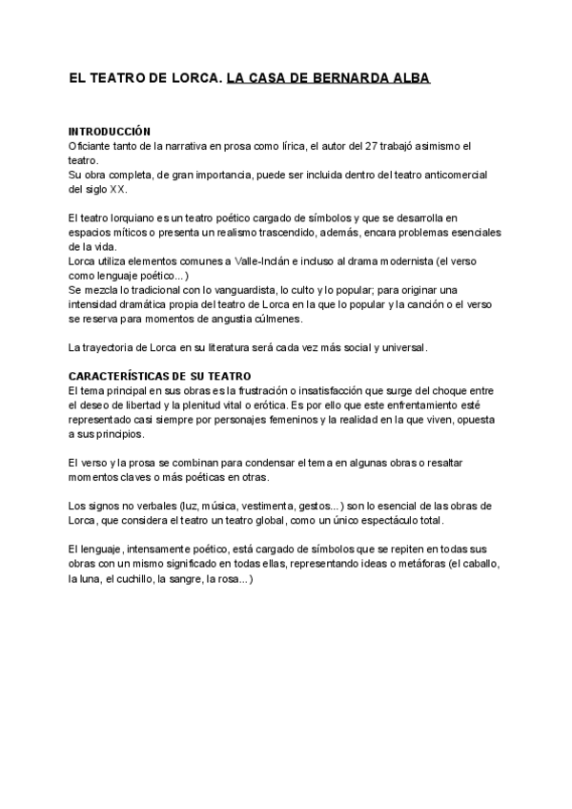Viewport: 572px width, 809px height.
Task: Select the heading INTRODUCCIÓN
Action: tap(111, 131)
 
